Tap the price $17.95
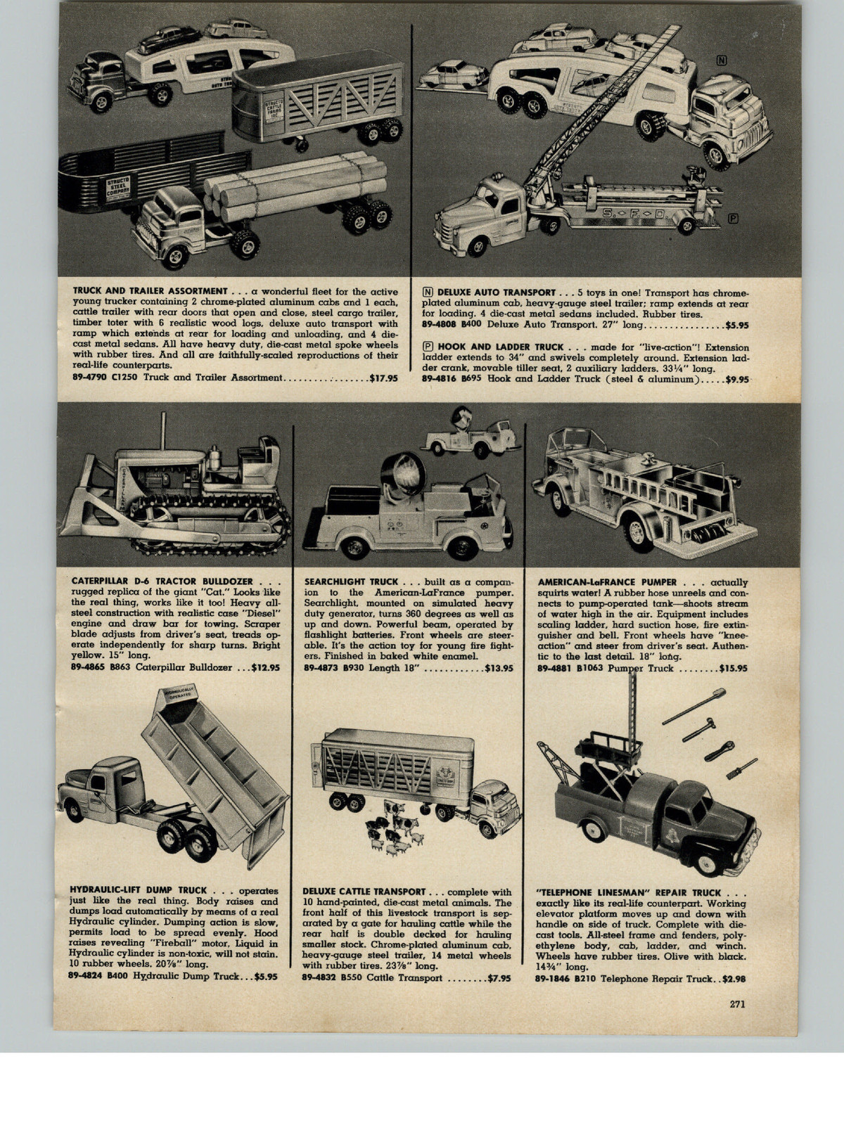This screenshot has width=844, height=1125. click(383, 378)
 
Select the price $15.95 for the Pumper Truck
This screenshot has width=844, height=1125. click(733, 669)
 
